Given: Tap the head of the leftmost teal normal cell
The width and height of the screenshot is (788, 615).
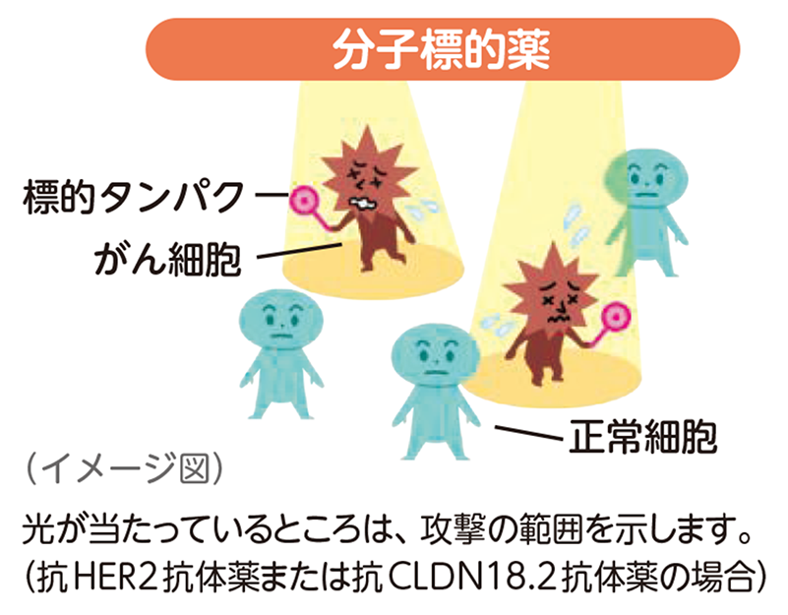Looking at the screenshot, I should (x=280, y=322).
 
